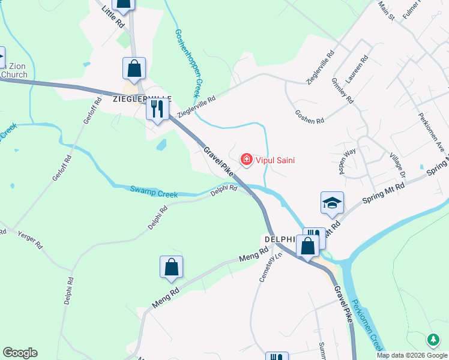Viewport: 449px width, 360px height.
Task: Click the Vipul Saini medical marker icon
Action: (246, 160)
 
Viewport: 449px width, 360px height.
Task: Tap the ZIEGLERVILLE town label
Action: (142, 98)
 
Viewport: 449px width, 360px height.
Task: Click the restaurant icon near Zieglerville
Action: (157, 109)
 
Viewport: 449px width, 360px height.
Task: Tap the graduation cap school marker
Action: (332, 203)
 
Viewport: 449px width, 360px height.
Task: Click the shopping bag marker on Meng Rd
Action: (171, 268)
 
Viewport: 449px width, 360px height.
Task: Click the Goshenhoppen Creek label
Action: (186, 63)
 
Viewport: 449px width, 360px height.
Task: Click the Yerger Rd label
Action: (30, 240)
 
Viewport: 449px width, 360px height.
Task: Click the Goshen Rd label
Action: (310, 116)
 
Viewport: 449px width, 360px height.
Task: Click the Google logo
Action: (20, 353)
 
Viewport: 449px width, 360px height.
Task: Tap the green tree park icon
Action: (433, 340)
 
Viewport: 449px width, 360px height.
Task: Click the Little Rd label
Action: (113, 17)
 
